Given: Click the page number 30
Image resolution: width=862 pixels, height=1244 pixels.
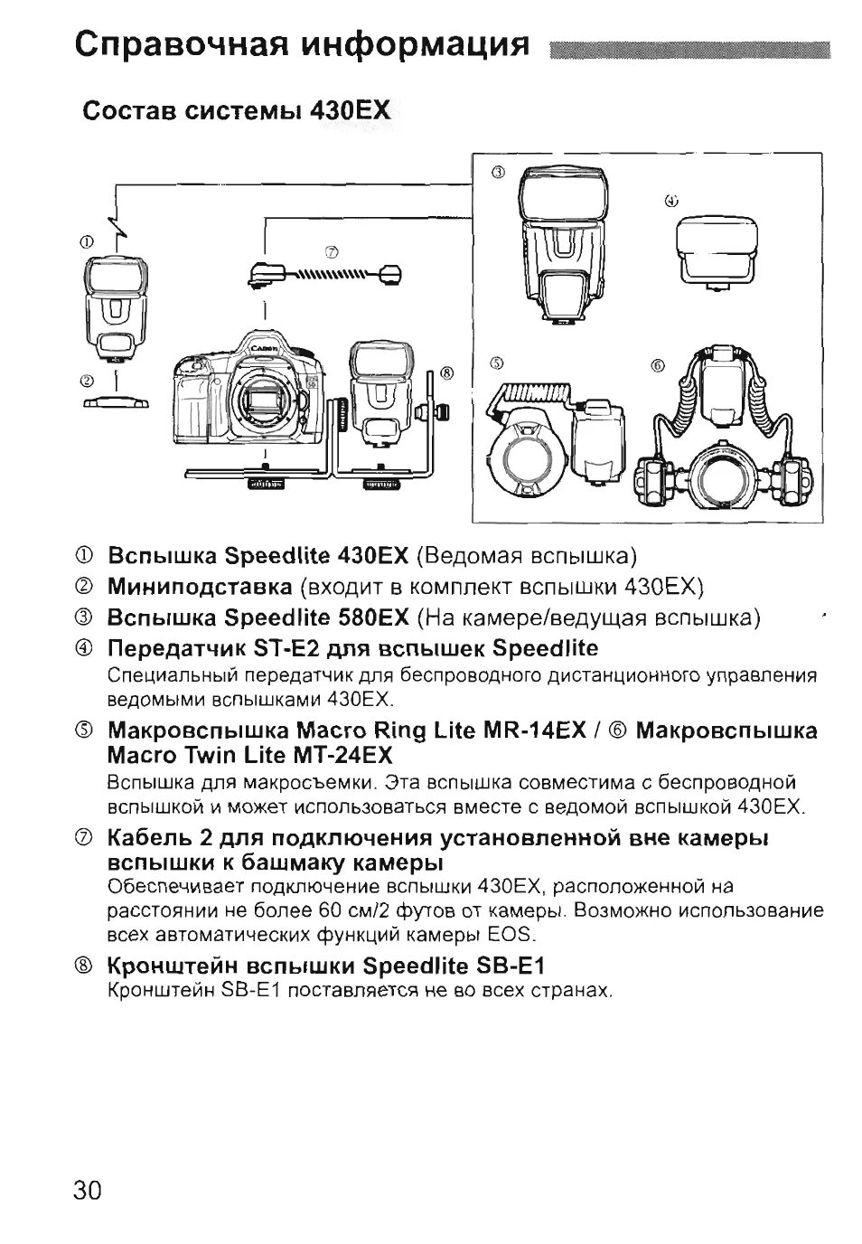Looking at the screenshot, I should (x=88, y=1189).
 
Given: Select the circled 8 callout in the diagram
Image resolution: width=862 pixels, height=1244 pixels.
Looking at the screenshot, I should (x=445, y=372).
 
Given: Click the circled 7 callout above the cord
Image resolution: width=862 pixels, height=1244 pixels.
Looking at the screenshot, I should (x=331, y=250).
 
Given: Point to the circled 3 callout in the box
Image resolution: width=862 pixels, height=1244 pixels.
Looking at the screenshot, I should (x=496, y=172).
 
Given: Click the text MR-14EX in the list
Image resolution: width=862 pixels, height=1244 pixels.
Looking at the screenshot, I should (x=539, y=730).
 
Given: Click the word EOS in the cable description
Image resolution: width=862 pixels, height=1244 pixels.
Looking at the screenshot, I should (x=514, y=934).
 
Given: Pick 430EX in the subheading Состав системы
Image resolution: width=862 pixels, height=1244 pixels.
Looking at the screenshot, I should (x=350, y=111).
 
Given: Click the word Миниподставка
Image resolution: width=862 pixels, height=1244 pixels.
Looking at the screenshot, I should (x=200, y=587).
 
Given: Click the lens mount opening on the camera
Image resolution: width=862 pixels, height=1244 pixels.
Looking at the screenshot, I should (x=269, y=403).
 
